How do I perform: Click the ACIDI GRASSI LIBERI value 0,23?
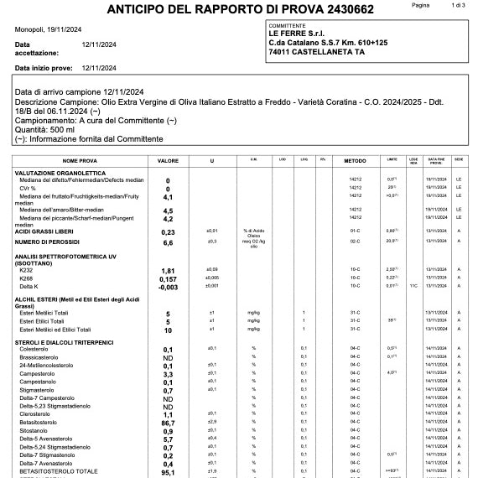tap(168, 231)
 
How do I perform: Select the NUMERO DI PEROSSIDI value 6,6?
tap(168, 242)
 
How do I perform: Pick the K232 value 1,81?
tap(168, 271)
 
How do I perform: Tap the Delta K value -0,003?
tap(168, 286)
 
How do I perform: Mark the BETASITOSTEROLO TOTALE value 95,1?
tap(168, 472)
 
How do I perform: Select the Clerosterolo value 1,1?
tap(168, 415)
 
